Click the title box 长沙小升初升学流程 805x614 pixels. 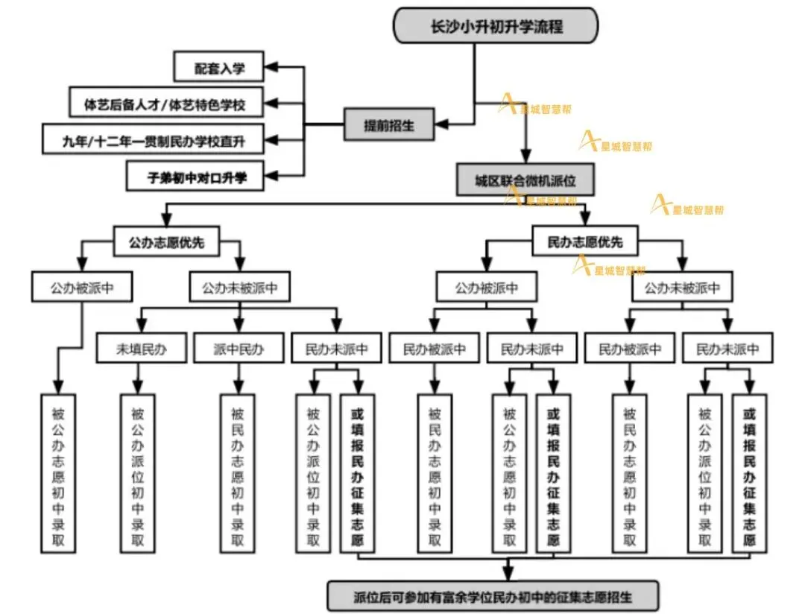[x=496, y=26]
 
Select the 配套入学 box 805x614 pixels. [x=219, y=68]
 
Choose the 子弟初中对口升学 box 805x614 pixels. [x=196, y=177]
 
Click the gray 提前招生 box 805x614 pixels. [x=388, y=125]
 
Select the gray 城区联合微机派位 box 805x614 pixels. [x=525, y=180]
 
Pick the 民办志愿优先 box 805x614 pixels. [x=584, y=241]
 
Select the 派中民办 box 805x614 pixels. [x=239, y=348]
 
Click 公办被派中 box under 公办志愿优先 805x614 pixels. [x=82, y=287]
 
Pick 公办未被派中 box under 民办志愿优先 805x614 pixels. [x=682, y=287]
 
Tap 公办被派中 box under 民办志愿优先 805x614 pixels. [x=486, y=287]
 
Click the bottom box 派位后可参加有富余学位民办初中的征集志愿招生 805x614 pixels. [x=493, y=596]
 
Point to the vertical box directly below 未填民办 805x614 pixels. [x=137, y=473]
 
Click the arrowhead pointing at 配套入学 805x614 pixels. [x=273, y=68]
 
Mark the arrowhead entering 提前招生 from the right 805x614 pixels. [x=442, y=123]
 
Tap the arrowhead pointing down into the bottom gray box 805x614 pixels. [x=508, y=575]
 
